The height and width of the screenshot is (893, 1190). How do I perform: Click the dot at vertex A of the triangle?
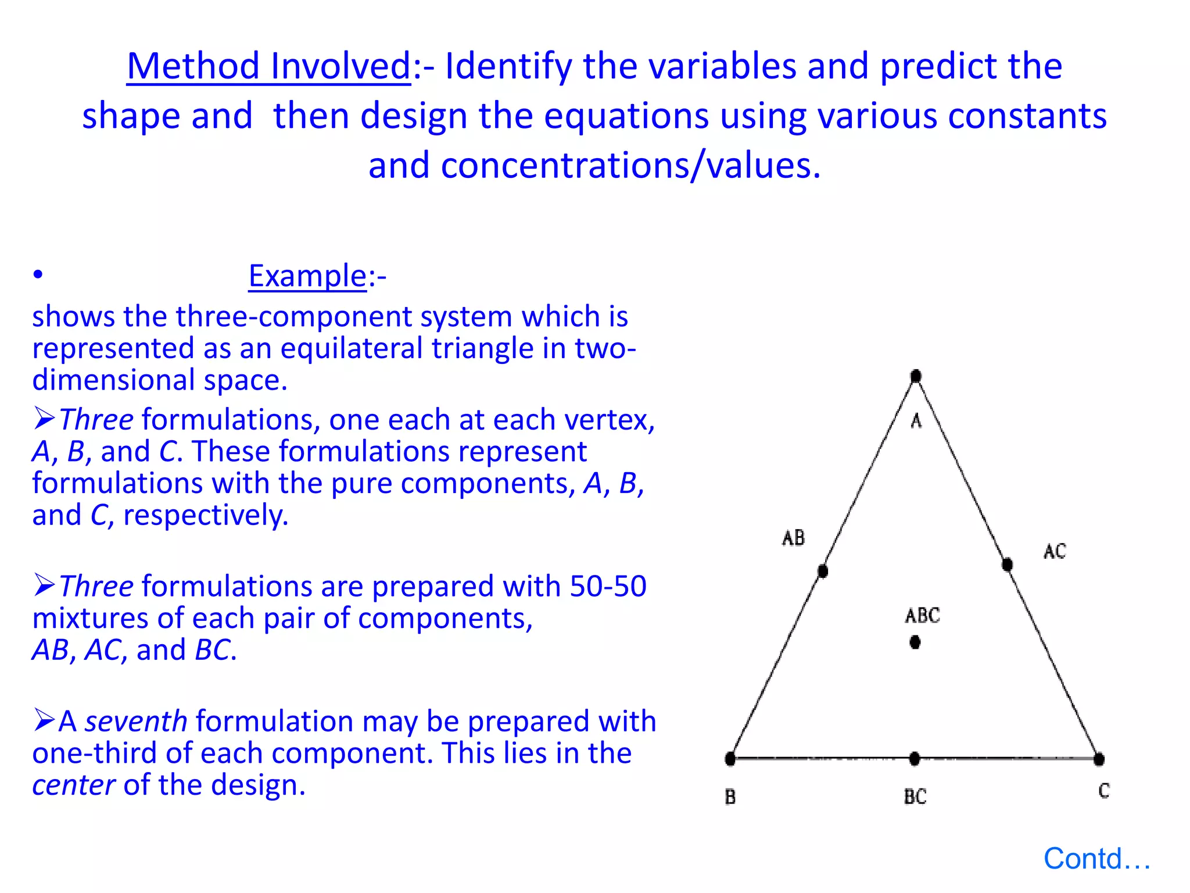[x=916, y=376]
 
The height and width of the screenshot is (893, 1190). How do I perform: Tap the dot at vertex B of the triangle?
[x=730, y=758]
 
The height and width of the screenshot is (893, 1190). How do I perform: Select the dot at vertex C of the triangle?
[x=1098, y=759]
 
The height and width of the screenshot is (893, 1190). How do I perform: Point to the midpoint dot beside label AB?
[x=823, y=571]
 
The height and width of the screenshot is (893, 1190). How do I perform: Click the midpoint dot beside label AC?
[x=1008, y=564]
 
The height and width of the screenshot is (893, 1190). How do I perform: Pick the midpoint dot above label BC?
[x=915, y=758]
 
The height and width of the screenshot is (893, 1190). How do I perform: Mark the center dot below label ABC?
[x=915, y=642]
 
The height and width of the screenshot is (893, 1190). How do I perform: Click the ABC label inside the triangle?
[x=922, y=615]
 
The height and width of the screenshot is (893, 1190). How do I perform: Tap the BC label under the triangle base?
[x=915, y=796]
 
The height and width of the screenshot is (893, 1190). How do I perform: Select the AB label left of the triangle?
[x=793, y=538]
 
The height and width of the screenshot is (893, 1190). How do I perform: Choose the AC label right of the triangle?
[x=1055, y=551]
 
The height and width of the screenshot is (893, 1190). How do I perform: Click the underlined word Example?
[x=307, y=276]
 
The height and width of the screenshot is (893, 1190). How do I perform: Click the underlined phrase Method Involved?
[x=269, y=66]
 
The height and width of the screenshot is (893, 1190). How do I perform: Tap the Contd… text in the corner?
[x=1096, y=859]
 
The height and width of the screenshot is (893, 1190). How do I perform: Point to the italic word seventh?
[x=136, y=721]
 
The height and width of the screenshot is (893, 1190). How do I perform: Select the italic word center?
[x=73, y=785]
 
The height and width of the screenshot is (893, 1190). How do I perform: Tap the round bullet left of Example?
[x=38, y=274]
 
